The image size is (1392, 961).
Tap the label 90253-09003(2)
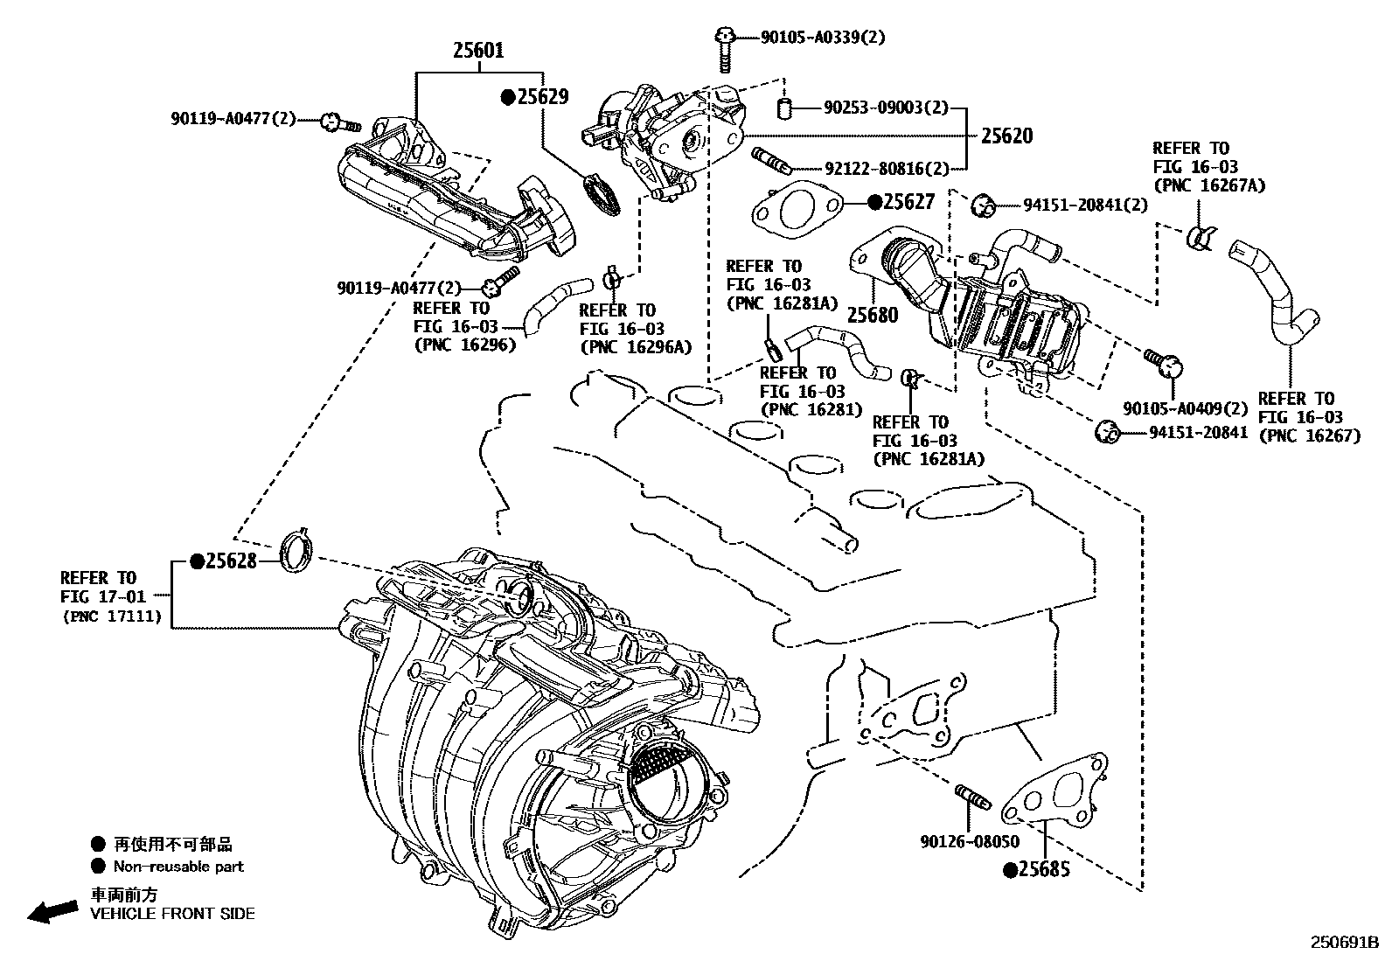[885, 108]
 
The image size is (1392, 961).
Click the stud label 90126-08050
[969, 841]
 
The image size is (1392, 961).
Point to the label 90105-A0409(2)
[1185, 408]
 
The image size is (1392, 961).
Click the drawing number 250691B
[1343, 943]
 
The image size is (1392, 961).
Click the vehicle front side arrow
[52, 911]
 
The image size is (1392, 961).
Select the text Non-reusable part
[178, 867]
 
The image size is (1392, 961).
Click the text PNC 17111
[112, 616]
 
